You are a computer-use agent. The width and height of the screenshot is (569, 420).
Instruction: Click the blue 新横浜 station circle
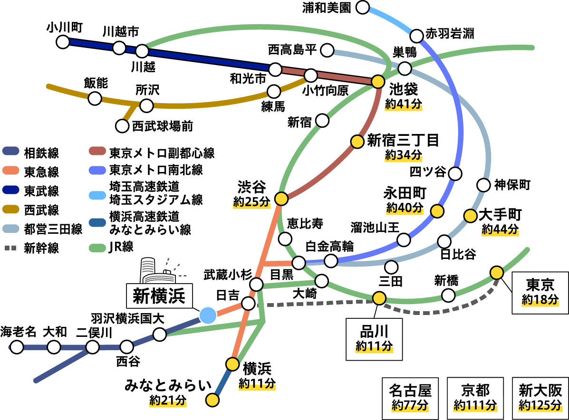[207, 315]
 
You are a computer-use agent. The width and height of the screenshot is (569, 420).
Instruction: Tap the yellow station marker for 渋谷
[281, 199]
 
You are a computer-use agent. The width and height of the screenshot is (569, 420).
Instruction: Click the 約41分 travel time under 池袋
[404, 104]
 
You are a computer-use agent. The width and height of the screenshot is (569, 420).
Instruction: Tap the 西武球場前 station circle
[123, 126]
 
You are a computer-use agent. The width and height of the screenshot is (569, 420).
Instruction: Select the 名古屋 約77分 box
[410, 398]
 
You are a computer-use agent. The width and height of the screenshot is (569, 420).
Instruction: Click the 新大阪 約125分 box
[540, 398]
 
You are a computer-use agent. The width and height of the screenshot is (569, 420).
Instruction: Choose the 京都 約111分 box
[475, 398]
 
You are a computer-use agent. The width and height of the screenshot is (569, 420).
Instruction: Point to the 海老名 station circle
[17, 347]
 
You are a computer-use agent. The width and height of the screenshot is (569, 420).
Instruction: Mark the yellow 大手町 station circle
[470, 216]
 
